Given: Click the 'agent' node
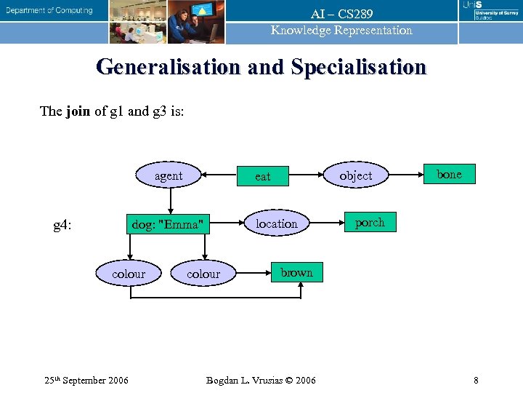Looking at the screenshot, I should tap(169, 175).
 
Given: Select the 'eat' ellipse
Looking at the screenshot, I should tap(262, 176).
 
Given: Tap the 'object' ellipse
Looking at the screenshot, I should tap(355, 175).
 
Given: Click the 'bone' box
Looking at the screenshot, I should tap(449, 174).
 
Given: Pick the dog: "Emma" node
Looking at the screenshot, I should tap(166, 224).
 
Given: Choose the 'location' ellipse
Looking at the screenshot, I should tap(276, 223).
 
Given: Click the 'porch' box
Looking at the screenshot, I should tap(370, 223).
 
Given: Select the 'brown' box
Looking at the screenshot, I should tap(296, 272).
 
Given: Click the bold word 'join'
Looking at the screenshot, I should tap(78, 111).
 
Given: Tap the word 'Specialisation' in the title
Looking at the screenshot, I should tap(359, 67).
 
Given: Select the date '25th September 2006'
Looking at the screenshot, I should tap(86, 380).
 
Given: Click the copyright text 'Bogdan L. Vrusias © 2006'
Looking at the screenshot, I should tap(261, 380).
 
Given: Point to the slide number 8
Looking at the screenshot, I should tap(476, 380).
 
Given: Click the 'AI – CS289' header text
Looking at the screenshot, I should tap(341, 15).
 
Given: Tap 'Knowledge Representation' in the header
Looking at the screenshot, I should tap(341, 31).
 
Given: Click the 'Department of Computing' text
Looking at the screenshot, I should tap(50, 10).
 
